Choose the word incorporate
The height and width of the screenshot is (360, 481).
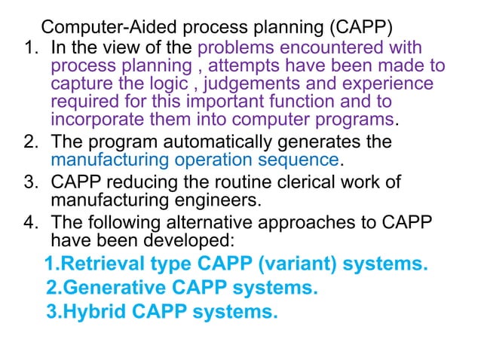(98, 119)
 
